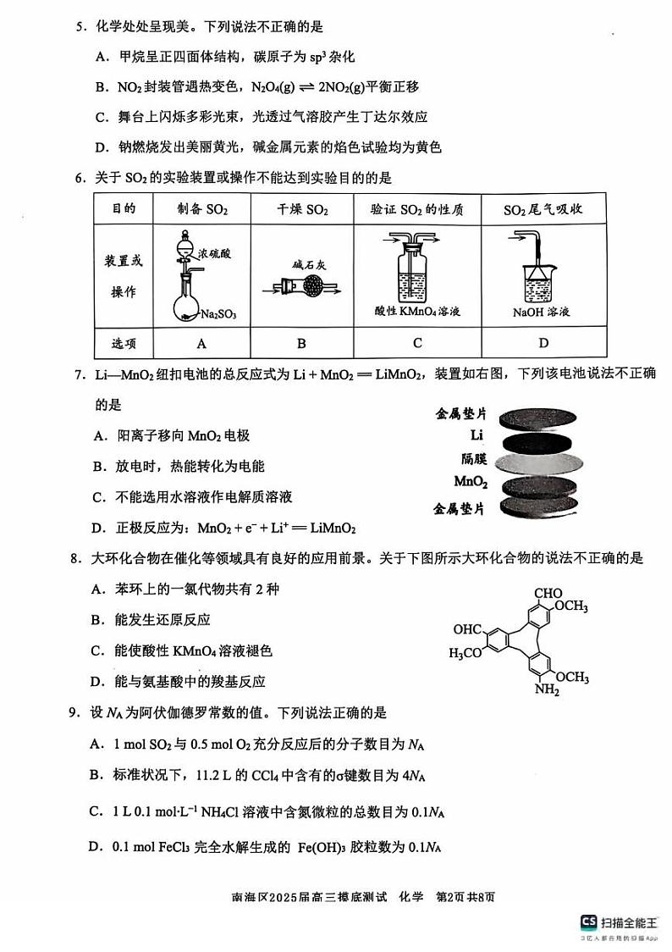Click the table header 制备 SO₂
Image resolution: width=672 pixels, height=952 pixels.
tap(202, 209)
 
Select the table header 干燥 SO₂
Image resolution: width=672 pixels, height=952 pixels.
tap(302, 209)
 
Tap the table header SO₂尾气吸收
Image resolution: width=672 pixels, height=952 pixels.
tap(543, 209)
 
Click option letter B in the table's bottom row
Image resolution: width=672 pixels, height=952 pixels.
tap(302, 343)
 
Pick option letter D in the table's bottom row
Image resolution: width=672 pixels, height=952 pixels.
tap(543, 343)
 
